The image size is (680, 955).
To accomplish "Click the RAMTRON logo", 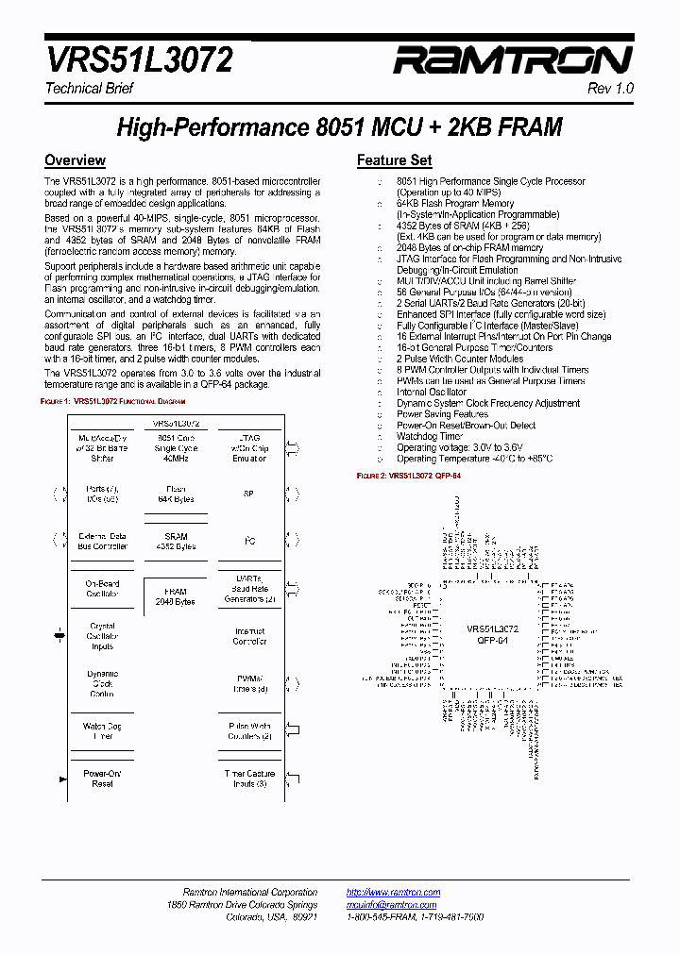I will point(512,61).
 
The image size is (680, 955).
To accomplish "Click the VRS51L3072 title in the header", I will point(139,61).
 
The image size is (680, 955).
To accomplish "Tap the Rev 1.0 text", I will point(611,88).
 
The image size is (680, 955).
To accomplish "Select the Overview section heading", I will point(75,160).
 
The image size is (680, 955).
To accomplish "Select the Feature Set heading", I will point(394,160).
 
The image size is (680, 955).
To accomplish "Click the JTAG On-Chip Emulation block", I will point(249,448).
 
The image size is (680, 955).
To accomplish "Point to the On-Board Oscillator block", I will point(102,588).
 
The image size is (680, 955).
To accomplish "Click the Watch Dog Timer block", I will point(102,731).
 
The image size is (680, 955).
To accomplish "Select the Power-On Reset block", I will point(102,779).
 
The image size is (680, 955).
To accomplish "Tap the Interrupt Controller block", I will point(249,636).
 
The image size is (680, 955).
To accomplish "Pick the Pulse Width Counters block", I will point(249,731).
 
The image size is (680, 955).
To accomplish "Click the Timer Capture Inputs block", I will point(249,779).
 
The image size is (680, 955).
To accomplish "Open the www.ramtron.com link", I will point(393,893).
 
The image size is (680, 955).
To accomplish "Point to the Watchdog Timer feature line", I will point(430,436).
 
